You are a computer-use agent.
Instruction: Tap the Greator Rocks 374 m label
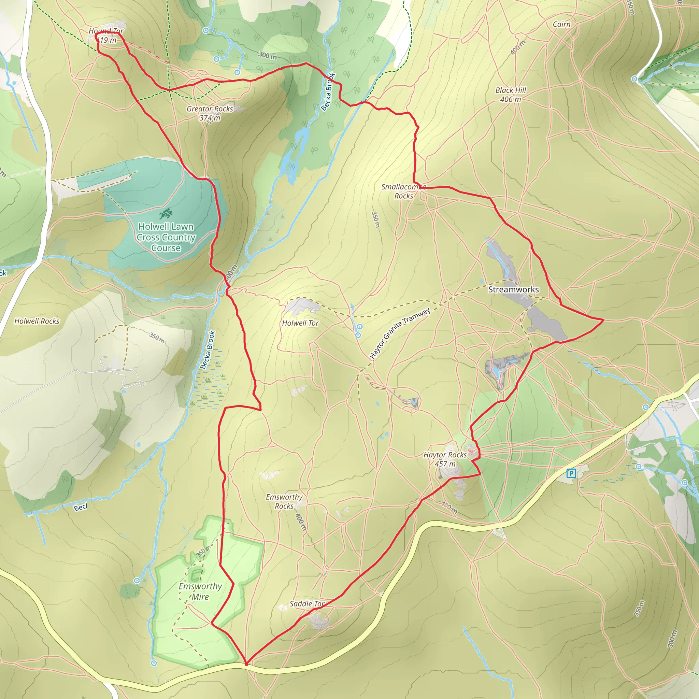(210, 113)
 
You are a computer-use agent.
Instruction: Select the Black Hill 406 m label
(511, 95)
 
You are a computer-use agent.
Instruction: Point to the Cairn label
(561, 24)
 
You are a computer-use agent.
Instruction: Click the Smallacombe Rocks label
(404, 191)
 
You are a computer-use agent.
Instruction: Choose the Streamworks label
(513, 289)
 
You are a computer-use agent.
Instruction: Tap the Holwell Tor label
(300, 323)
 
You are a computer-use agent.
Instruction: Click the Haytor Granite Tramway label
(400, 333)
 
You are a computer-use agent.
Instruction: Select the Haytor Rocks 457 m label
(445, 459)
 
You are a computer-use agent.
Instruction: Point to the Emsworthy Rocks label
(284, 501)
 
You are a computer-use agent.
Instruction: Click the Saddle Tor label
(307, 603)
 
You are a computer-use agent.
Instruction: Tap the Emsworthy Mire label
(200, 591)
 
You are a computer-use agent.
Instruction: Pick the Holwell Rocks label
(37, 321)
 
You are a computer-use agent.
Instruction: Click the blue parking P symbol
(571, 473)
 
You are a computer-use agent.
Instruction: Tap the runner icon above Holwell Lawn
(166, 213)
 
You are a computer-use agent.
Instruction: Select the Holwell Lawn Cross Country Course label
(166, 237)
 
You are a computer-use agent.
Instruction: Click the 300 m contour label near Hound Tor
(267, 55)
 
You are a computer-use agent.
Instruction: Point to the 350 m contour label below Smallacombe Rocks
(375, 219)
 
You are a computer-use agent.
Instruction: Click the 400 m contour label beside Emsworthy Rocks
(301, 522)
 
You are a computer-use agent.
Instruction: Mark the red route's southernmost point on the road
(246, 664)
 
